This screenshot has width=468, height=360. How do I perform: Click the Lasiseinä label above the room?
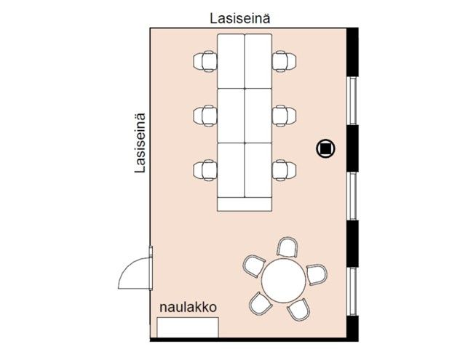click(240, 18)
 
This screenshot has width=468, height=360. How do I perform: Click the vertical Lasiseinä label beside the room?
click(140, 143)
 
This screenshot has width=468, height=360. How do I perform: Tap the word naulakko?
click(188, 307)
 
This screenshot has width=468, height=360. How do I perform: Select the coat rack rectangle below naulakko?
click(188, 327)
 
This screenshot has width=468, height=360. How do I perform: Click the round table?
click(284, 281)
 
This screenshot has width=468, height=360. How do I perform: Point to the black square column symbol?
click(325, 148)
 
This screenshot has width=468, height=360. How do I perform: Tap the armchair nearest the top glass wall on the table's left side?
click(205, 61)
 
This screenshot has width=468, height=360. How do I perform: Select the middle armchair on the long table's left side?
click(205, 116)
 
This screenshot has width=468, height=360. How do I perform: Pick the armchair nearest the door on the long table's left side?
click(205, 170)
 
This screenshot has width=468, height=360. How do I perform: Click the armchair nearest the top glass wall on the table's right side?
click(285, 61)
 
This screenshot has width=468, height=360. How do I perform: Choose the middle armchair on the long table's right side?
click(285, 116)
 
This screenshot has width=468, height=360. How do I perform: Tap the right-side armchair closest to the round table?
click(285, 170)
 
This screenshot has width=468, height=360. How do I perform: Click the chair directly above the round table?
click(287, 247)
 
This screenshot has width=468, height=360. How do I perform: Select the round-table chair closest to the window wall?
click(317, 274)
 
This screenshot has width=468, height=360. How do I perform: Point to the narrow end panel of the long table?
click(245, 204)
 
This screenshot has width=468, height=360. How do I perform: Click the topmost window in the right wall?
click(353, 100)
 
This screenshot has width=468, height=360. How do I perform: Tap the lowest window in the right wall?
click(353, 292)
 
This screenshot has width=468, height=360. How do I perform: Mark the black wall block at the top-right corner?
click(352, 52)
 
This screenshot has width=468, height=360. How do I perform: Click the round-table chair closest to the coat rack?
click(261, 303)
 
